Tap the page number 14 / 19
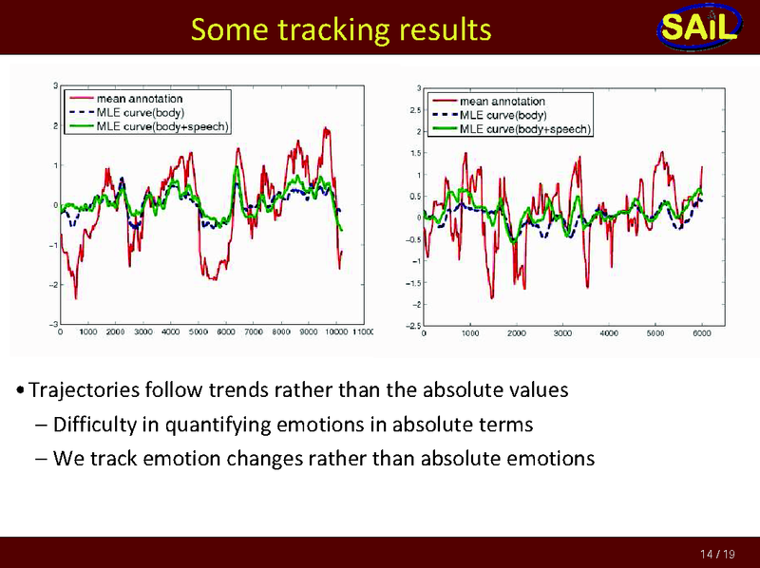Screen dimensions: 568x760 point(716,554)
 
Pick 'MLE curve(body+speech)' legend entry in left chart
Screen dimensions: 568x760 point(162,126)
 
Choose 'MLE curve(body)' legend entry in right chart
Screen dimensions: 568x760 point(503,115)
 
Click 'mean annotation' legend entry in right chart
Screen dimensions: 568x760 point(503,102)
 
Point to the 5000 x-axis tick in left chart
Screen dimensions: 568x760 point(199,332)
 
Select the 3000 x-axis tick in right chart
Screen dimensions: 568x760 point(562,334)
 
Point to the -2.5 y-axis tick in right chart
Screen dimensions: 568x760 point(414,326)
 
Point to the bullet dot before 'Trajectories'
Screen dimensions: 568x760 point(21,391)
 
